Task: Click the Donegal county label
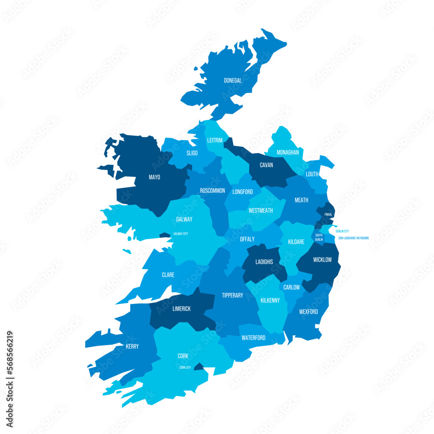(233, 80)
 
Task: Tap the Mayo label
(155, 177)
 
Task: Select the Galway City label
(181, 234)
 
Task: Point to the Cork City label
(185, 367)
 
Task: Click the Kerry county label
(132, 346)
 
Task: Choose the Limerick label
(181, 309)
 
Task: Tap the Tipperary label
(233, 295)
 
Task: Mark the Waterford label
(253, 338)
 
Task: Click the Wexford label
(309, 312)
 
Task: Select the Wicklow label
(322, 260)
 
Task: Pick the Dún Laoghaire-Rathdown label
(354, 238)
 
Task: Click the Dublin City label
(342, 231)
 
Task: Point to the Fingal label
(328, 214)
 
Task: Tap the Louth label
(312, 174)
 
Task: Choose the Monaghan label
(288, 152)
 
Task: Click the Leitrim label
(215, 140)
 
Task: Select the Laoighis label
(264, 262)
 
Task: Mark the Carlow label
(292, 287)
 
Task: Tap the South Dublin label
(319, 237)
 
